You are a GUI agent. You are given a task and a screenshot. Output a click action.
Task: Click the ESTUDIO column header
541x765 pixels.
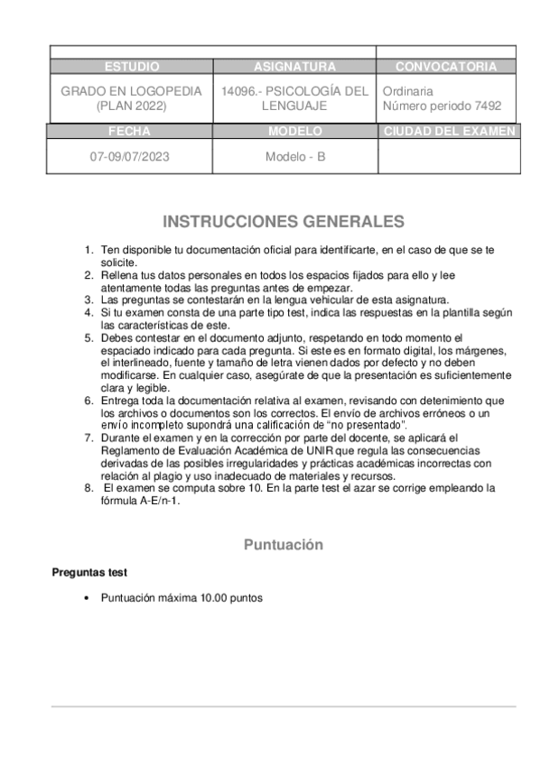coord(132,68)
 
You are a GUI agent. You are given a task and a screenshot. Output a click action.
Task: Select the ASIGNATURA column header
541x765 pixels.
coord(294,68)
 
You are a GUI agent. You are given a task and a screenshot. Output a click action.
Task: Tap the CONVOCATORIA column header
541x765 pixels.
coord(446,68)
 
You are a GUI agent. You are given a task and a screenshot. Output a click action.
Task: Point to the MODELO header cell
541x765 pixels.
coord(294,132)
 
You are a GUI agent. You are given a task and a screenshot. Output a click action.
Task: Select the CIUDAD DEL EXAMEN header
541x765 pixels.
coord(449,132)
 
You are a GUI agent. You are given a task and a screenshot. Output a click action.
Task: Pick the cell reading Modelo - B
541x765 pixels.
coord(294,156)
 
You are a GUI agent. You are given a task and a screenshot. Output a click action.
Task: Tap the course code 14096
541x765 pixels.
coord(238,92)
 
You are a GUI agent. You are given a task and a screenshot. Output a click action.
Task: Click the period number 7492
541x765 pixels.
coord(488,106)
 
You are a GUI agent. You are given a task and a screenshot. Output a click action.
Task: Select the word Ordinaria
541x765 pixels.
coord(408,92)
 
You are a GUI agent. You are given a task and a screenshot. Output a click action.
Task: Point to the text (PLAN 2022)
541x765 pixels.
coord(132,106)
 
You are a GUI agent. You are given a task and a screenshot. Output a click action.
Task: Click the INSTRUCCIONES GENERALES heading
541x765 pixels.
coord(284,222)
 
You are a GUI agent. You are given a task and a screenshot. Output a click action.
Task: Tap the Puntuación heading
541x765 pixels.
coord(284,545)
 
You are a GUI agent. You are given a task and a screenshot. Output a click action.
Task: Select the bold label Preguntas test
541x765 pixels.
coord(89,572)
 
